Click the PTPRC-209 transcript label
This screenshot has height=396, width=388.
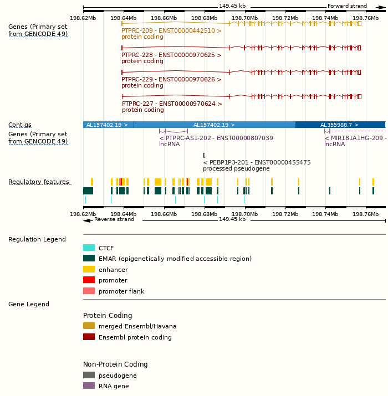click(x=171, y=31)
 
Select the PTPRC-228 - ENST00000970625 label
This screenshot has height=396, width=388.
click(x=171, y=55)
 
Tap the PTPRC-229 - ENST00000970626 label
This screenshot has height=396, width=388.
click(x=171, y=80)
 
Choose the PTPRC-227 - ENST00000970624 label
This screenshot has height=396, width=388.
click(x=172, y=104)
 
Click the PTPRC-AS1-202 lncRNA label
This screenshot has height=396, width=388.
click(x=216, y=138)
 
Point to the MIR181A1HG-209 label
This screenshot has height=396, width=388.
click(x=355, y=138)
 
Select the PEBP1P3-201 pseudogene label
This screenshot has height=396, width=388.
click(x=257, y=162)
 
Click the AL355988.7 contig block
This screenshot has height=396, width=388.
click(x=340, y=125)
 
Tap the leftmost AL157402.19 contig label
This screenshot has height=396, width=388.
click(x=107, y=125)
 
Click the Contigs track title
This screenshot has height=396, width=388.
click(x=20, y=125)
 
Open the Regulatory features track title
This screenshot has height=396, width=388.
click(x=39, y=182)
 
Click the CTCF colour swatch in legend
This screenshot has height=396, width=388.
click(x=89, y=248)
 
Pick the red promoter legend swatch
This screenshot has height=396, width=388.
click(x=89, y=280)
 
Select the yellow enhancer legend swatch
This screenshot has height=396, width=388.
click(x=89, y=270)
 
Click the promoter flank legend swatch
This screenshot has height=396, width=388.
click(x=89, y=291)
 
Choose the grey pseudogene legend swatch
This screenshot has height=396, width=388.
click(x=89, y=376)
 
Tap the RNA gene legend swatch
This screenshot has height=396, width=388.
click(x=89, y=386)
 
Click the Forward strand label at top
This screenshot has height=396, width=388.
click(x=347, y=6)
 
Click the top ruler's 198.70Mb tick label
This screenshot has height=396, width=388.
click(x=244, y=18)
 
